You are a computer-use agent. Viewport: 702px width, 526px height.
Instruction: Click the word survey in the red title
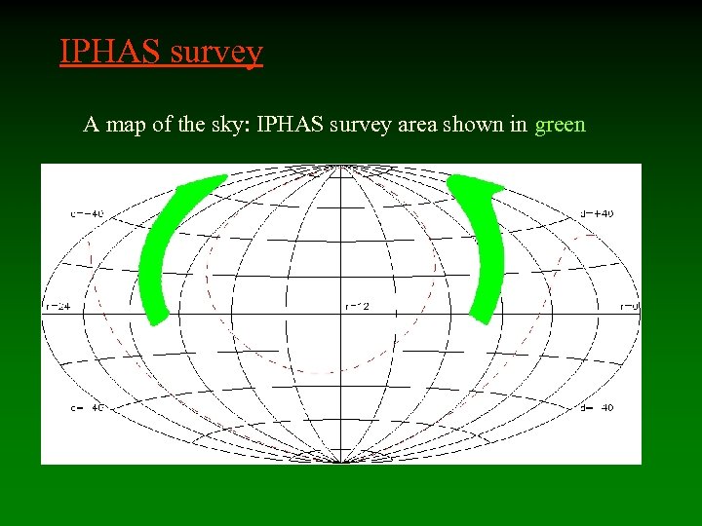coord(215,53)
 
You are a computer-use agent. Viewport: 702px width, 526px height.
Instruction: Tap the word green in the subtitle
coord(560,125)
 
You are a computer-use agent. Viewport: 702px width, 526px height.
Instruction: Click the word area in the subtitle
coord(413,125)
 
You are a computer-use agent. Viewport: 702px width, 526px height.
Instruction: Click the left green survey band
coord(165,244)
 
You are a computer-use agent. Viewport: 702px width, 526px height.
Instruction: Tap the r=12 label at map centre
coord(357,308)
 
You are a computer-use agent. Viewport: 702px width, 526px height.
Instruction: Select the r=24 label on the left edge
coord(58,308)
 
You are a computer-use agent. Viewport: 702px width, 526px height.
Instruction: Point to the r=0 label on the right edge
coord(630,308)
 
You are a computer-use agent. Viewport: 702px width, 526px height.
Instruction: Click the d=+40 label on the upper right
coord(596,212)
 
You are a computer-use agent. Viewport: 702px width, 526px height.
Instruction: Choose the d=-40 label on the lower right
coord(596,407)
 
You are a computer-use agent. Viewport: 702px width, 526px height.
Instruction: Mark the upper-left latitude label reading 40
coord(87,212)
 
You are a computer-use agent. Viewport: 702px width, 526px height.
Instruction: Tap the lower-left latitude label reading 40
coord(87,407)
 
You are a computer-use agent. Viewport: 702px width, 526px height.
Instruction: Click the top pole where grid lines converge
coord(340,169)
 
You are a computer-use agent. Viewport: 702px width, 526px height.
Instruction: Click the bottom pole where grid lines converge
coord(340,460)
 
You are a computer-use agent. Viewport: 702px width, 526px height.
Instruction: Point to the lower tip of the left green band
coord(157,319)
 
